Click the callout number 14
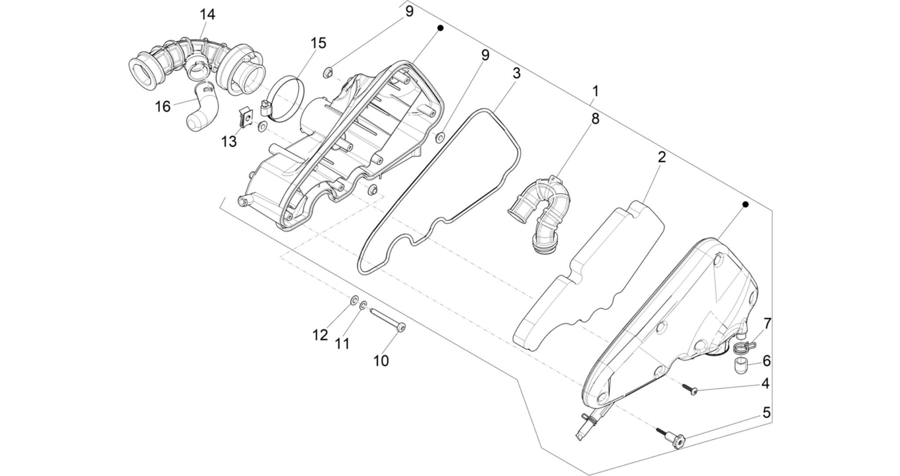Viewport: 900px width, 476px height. [207, 15]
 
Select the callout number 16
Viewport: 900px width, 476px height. [162, 107]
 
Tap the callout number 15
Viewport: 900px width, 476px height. [318, 43]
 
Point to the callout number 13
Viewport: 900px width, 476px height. [229, 142]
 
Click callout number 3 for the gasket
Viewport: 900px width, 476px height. [516, 73]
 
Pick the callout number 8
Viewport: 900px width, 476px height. [595, 118]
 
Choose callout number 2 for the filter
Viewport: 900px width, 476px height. [662, 157]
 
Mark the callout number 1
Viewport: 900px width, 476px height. [595, 92]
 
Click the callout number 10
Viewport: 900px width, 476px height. [381, 361]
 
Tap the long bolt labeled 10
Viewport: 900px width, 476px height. [387, 320]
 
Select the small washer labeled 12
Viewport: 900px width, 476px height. [354, 301]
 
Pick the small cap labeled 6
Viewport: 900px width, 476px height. [741, 365]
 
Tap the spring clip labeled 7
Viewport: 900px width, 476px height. [743, 347]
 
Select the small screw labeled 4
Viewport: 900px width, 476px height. [690, 389]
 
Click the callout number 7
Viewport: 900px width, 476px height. [767, 324]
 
